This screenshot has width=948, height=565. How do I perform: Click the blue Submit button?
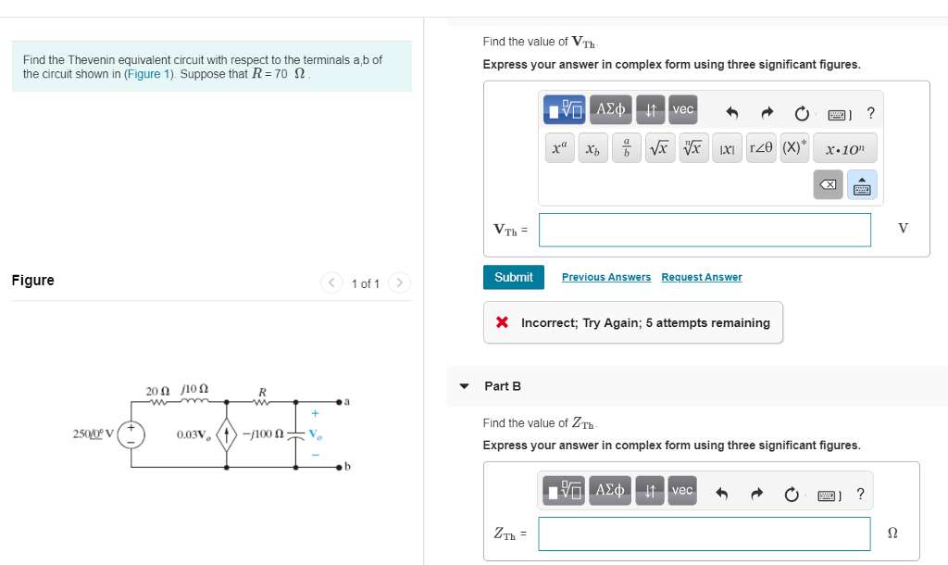[513, 277]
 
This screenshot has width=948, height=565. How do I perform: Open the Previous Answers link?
[605, 277]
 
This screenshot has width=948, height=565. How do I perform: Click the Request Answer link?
[701, 277]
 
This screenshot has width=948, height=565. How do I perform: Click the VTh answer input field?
[704, 230]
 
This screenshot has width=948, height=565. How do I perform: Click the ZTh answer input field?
[704, 534]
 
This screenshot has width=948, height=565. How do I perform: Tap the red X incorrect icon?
[502, 322]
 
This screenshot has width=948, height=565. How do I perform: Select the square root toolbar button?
[658, 147]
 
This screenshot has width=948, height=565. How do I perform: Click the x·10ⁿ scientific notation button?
[844, 147]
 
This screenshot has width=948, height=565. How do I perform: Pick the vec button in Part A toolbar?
[682, 109]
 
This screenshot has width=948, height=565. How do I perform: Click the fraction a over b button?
[627, 147]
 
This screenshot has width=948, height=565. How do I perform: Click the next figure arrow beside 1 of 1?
[399, 282]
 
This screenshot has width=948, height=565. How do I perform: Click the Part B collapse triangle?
[465, 386]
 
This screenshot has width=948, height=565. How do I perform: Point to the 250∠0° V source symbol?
[131, 434]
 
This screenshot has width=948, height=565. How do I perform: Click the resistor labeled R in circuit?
[262, 401]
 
